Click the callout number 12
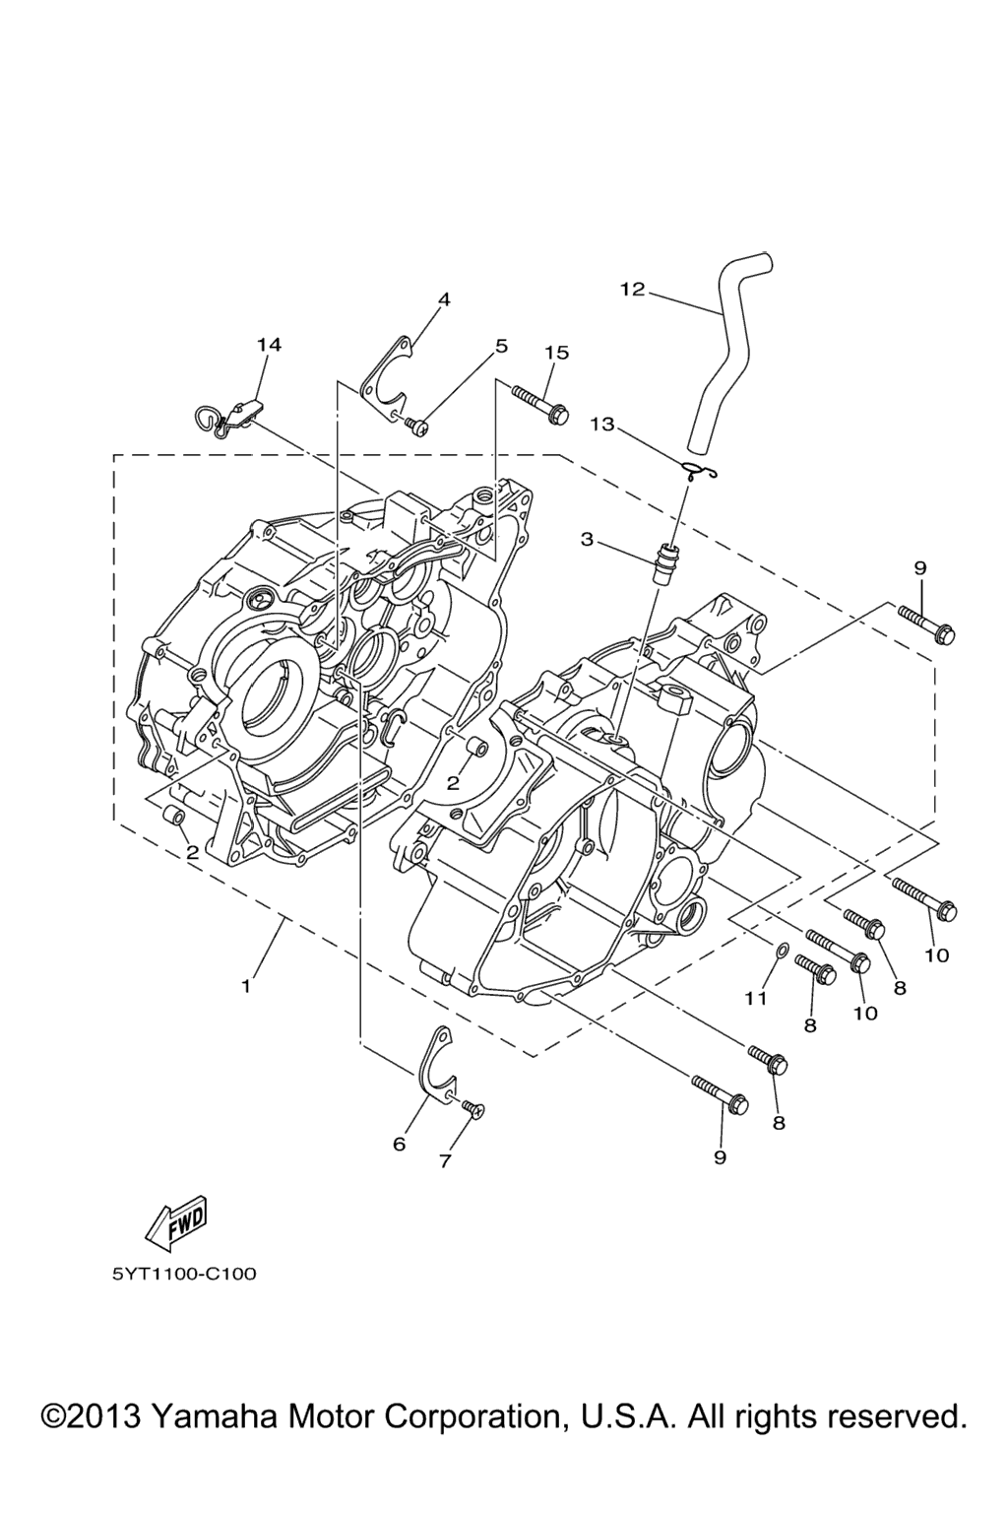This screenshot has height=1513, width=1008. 633,290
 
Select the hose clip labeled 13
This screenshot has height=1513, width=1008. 698,470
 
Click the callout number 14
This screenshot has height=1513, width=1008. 268,345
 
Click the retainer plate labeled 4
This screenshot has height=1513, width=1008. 386,377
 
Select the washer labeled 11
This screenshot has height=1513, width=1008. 779,952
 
